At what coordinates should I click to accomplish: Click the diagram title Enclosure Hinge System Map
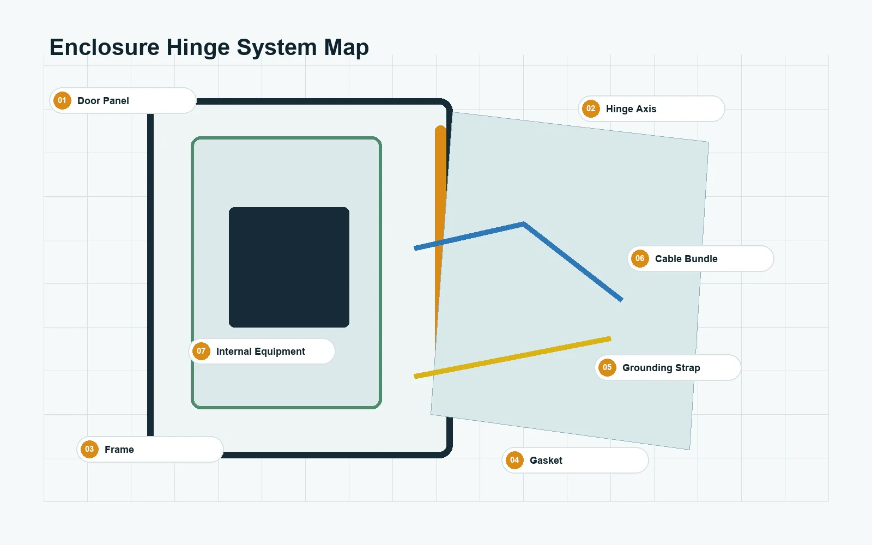point(209,47)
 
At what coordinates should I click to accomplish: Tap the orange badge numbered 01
point(62,101)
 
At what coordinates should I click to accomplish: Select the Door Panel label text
point(103,101)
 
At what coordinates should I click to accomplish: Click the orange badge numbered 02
point(591,108)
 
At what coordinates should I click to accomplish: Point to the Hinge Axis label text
point(631,109)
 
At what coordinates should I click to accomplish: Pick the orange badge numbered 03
point(89,449)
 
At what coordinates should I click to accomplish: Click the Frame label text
point(119,450)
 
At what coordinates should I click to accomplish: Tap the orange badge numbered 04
point(514,460)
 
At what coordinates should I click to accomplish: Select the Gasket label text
point(546,461)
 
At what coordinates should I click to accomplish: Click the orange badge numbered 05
point(607,367)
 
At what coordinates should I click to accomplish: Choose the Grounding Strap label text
point(661,368)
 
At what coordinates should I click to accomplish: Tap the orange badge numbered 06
point(640,258)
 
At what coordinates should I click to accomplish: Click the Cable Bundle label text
point(686,259)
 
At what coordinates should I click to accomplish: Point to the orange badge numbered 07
point(201,351)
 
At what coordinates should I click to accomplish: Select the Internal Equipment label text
point(261,352)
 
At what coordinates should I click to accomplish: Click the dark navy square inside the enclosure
point(289,267)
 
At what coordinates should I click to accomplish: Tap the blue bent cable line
point(524,224)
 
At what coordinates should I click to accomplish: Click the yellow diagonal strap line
point(512,358)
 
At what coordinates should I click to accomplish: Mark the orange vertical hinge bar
point(440,238)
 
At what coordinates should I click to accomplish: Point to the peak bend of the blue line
point(524,224)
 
